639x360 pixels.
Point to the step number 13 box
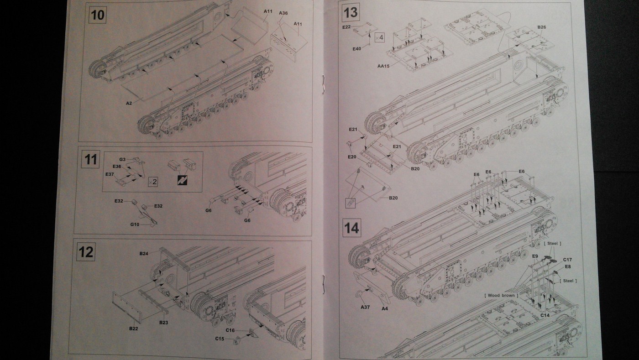(x=351, y=12)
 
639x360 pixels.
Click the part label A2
(x=129, y=104)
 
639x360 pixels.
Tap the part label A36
(x=283, y=13)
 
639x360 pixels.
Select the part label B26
(x=542, y=27)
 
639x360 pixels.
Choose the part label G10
(x=135, y=224)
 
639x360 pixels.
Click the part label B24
(x=144, y=253)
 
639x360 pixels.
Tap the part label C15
(x=220, y=338)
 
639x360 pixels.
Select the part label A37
(x=365, y=307)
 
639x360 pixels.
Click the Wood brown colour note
(x=501, y=296)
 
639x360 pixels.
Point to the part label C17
(x=567, y=260)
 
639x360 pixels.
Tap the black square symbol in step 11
(x=183, y=182)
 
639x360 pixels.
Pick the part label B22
(x=134, y=328)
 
